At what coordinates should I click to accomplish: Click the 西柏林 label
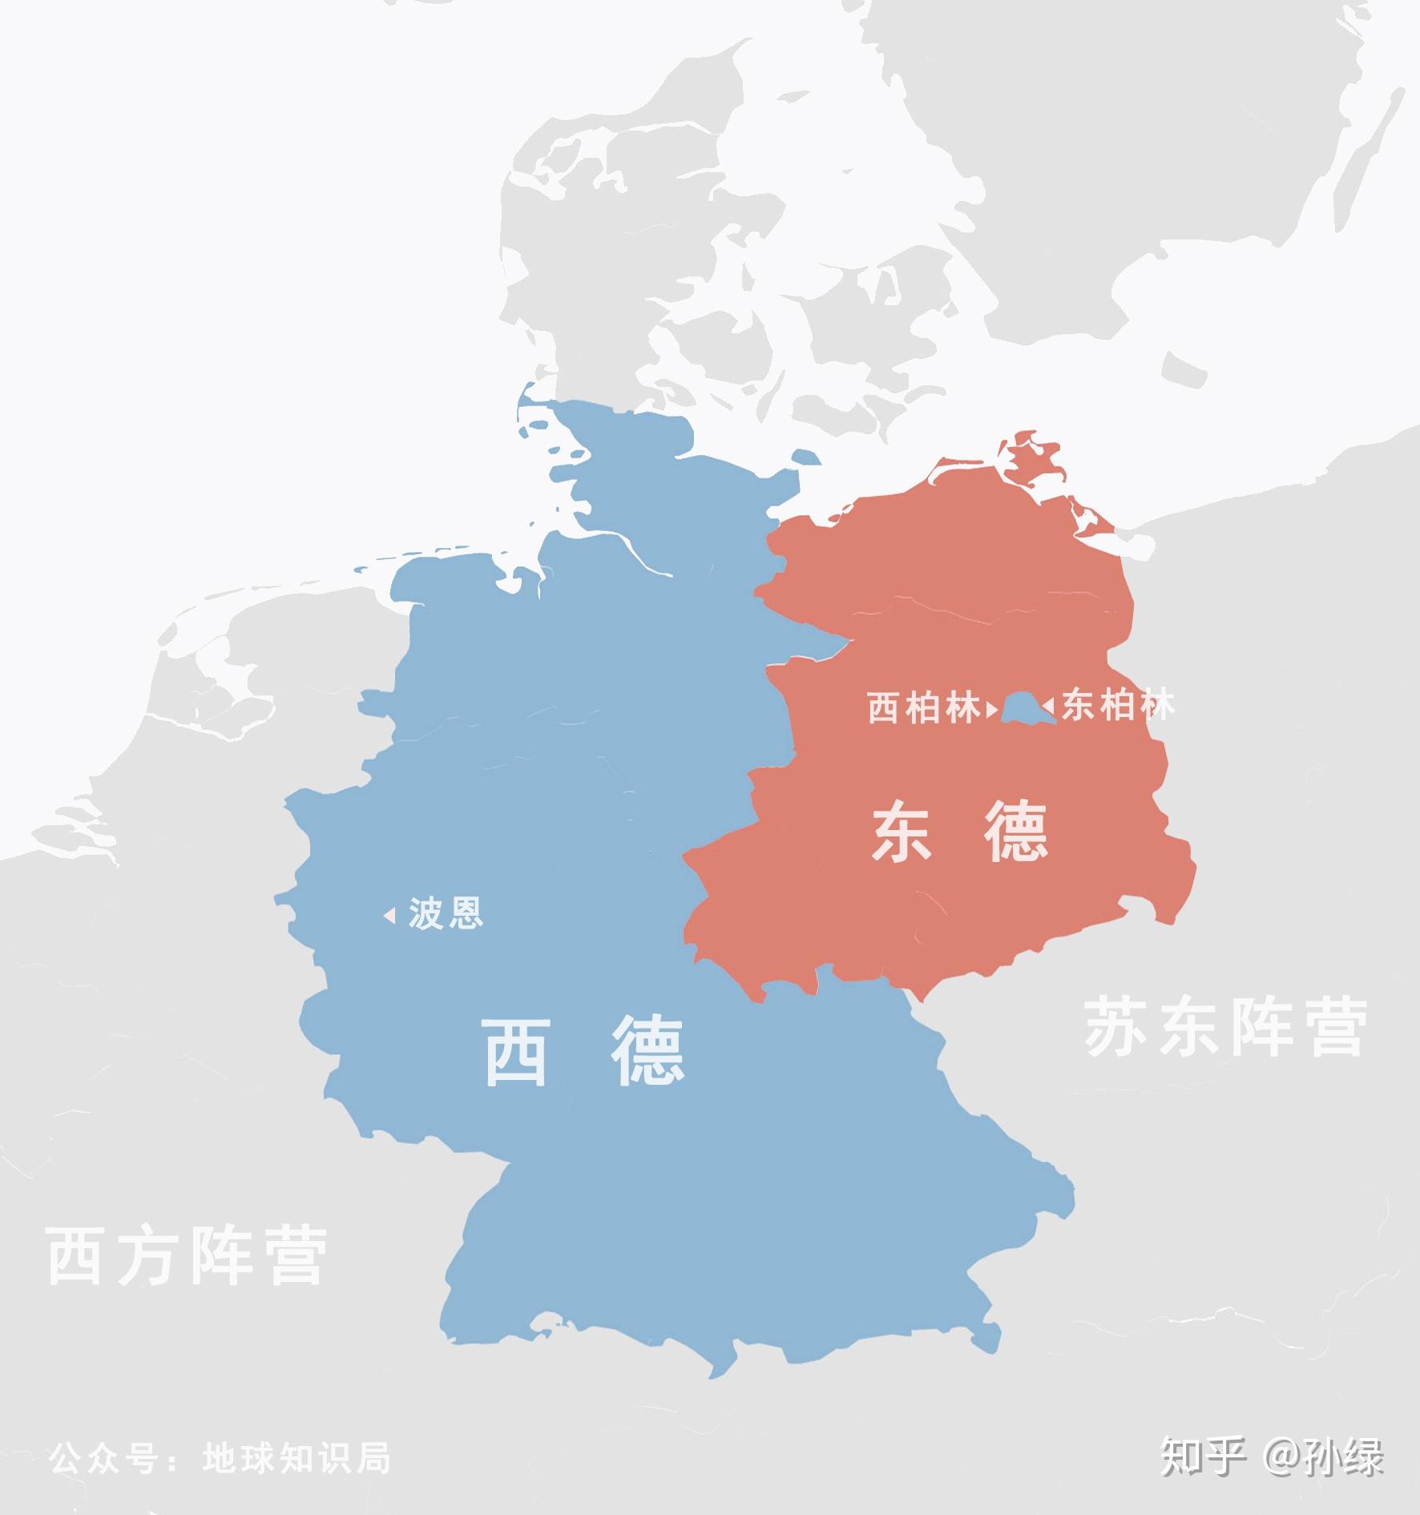pyautogui.click(x=924, y=708)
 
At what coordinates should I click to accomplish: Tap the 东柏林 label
pyautogui.click(x=1119, y=706)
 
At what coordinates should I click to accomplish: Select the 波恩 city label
pyautogui.click(x=446, y=913)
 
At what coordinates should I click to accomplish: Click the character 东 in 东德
pyautogui.click(x=902, y=833)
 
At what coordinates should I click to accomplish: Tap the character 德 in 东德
pyautogui.click(x=1016, y=833)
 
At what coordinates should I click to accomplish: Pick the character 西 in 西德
pyautogui.click(x=516, y=1052)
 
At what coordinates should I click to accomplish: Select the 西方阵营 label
pyautogui.click(x=187, y=1255)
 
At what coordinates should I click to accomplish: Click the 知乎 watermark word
pyautogui.click(x=1203, y=1457)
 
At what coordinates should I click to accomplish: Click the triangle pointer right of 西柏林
pyautogui.click(x=992, y=709)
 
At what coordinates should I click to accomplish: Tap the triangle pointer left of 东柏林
pyautogui.click(x=1047, y=707)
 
